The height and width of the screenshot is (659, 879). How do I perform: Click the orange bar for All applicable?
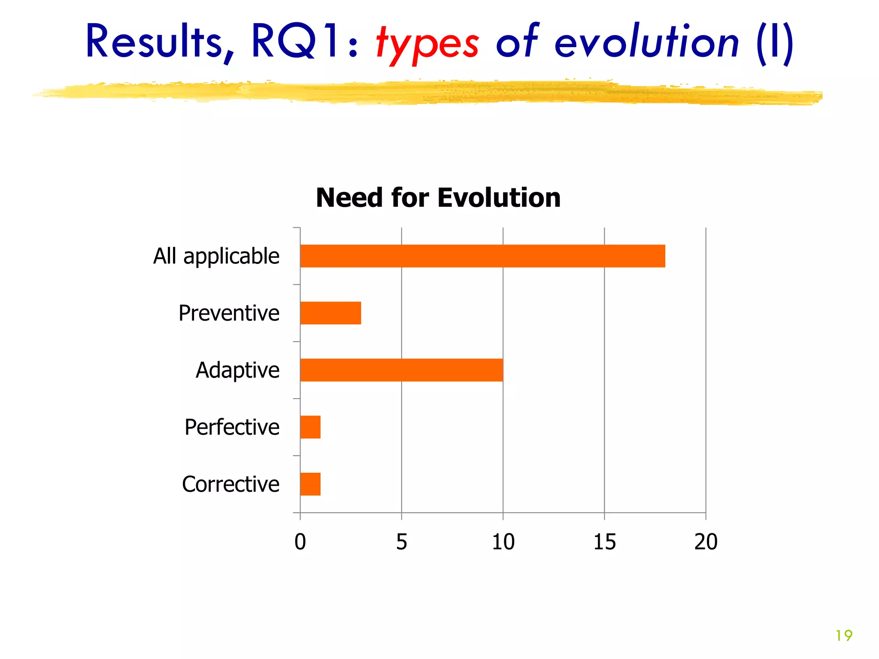482,256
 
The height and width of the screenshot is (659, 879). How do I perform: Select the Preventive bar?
330,313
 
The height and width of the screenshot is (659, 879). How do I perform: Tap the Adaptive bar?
401,370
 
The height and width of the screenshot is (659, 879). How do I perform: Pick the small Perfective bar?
310,427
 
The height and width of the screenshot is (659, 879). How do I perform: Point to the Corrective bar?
310,484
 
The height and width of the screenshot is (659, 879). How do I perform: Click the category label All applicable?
216,257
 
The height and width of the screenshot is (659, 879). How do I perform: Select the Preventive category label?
229,313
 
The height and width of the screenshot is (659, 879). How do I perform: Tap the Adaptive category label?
237,370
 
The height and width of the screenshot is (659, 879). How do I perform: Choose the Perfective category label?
232,427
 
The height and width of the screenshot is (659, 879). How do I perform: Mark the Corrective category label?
230,484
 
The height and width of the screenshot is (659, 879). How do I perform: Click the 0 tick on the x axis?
300,542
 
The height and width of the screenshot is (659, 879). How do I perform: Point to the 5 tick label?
401,542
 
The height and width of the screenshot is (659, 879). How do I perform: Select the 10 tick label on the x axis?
503,542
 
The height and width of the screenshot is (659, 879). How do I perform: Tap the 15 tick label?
604,542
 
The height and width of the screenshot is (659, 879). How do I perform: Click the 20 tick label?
706,542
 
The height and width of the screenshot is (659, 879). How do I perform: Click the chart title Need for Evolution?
438,198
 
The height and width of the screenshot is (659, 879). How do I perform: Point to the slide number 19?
844,635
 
